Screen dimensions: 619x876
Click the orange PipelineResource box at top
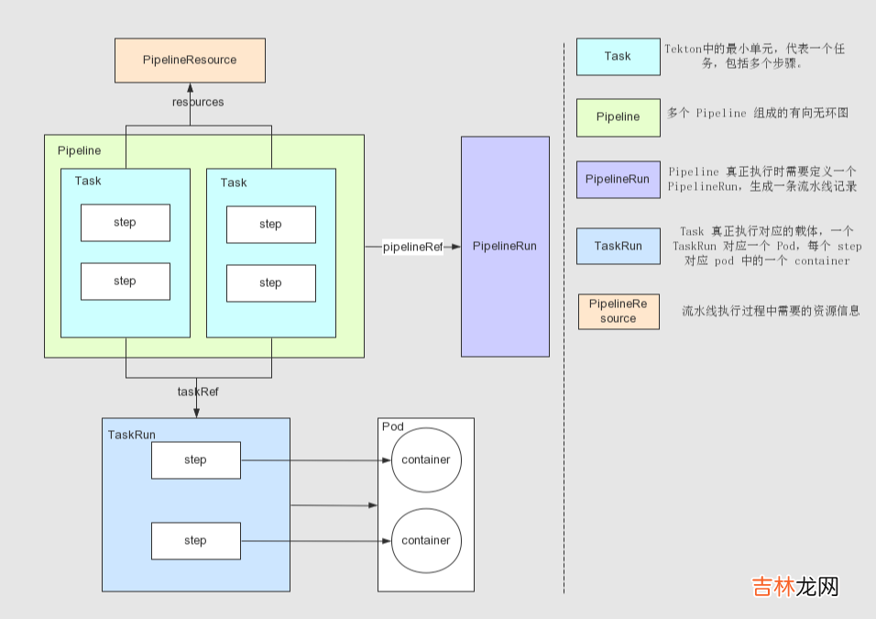click(x=190, y=61)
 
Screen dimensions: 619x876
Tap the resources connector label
click(x=198, y=102)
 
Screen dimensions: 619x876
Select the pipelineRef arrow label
click(x=412, y=247)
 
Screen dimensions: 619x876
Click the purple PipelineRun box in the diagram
click(x=505, y=247)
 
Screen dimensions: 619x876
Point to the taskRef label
click(x=198, y=392)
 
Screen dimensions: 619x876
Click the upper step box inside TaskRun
click(x=195, y=460)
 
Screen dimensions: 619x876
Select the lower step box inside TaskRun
click(x=195, y=541)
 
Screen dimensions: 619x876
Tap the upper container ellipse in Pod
click(x=426, y=460)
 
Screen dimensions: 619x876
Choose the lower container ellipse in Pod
click(x=426, y=541)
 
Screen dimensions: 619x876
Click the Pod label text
click(x=392, y=426)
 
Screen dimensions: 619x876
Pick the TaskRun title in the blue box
click(x=131, y=434)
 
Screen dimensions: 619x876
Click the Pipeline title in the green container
click(x=79, y=149)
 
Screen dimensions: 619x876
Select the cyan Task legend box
click(x=618, y=57)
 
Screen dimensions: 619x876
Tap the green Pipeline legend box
click(x=618, y=117)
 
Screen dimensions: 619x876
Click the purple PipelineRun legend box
click(x=618, y=180)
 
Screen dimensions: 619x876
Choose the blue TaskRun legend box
click(x=618, y=247)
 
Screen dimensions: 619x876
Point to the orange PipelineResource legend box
click(x=618, y=312)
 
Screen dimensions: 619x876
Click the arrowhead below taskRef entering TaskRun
click(x=196, y=413)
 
